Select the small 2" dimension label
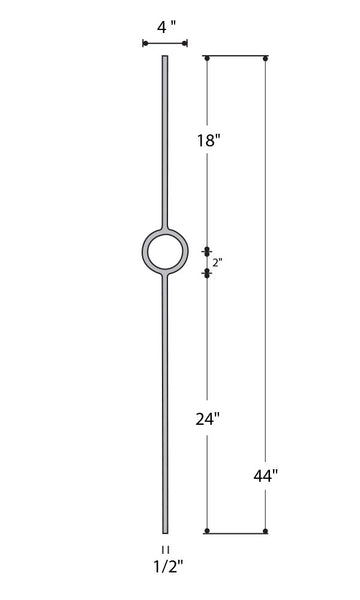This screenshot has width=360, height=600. pos(216,262)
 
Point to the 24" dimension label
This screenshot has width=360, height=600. pos(209,418)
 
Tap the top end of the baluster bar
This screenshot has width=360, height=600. pos(165,59)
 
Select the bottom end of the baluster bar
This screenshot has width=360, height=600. pos(165,531)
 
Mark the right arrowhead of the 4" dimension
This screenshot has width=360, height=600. pos(184,44)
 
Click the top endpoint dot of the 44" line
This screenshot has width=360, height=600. pos(266,59)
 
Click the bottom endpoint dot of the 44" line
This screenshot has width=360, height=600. pos(266,531)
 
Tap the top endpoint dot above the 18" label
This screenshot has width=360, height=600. pos(207,59)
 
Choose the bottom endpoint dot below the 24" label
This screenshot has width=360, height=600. pos(207,531)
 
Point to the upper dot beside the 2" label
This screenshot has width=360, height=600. pos(207,251)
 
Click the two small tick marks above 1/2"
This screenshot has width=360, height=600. pos(165,549)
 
